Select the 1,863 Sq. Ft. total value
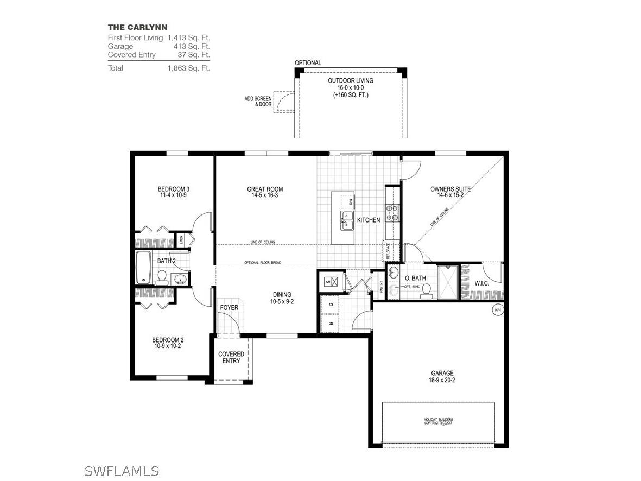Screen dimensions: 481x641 pos(188,68)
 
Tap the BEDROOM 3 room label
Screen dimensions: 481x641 pos(174,189)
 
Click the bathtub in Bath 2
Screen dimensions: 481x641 pos(143,267)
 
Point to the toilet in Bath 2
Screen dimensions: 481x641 pos(161,278)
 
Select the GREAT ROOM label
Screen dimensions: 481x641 pos(265,189)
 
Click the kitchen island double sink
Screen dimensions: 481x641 pos(347,220)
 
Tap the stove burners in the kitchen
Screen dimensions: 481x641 pos(393,212)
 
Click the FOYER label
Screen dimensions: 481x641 pos(229,308)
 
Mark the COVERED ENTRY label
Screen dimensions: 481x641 pos(231,357)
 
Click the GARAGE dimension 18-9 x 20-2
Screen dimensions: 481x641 pos(442,380)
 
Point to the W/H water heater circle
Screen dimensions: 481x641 pos(497,310)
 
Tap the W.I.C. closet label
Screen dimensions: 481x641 pos(482,283)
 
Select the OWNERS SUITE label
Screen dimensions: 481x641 pos(450,189)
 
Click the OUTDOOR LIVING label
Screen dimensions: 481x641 pos(351,80)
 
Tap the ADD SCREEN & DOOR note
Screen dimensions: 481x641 pos(258,101)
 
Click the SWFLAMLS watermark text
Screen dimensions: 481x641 pos(122,470)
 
